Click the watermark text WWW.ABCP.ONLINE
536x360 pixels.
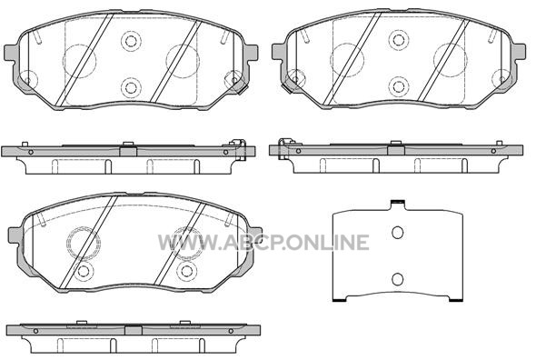click(x=263, y=243)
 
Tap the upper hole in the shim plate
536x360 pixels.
click(x=397, y=233)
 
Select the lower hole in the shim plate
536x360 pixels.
click(x=397, y=279)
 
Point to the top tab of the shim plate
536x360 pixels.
click(x=398, y=205)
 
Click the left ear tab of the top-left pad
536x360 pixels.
click(x=11, y=52)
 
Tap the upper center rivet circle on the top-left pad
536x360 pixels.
click(x=131, y=41)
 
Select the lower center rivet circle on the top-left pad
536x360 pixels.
click(x=131, y=87)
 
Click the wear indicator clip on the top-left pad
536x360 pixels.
click(x=238, y=85)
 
